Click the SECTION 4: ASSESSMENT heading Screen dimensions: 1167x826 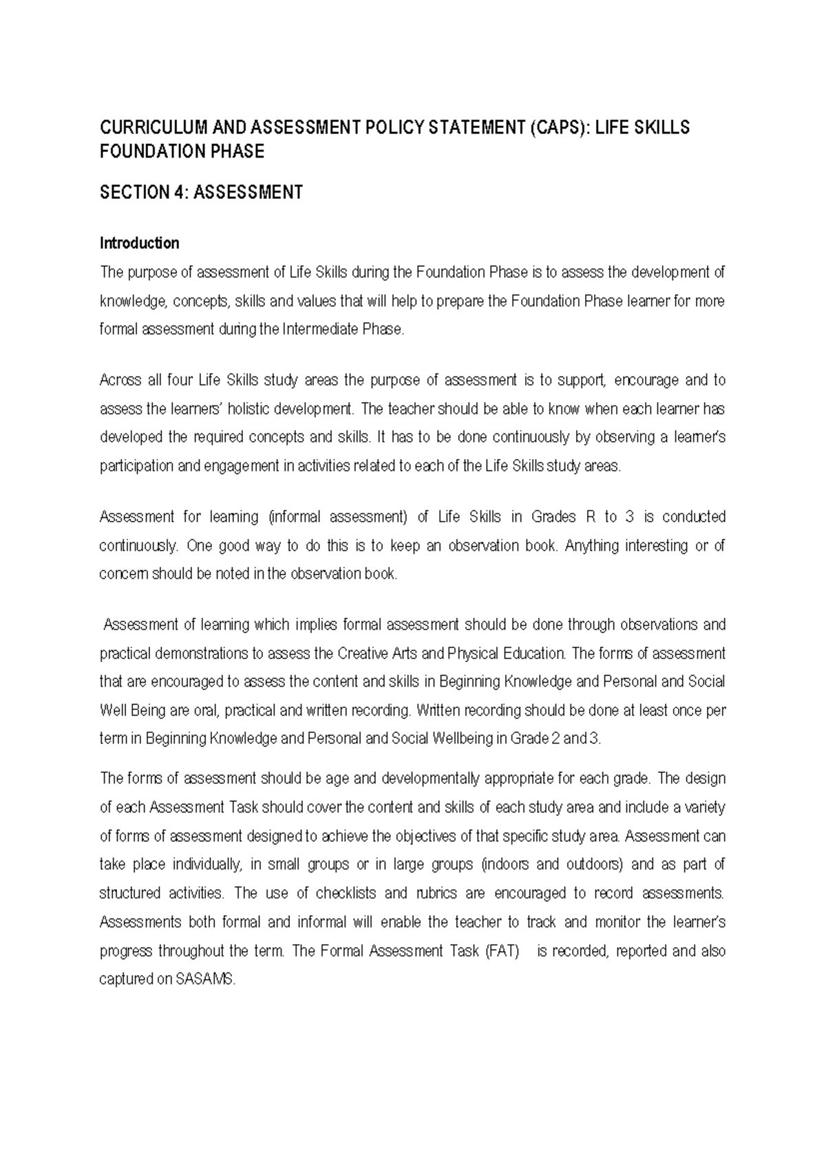click(201, 193)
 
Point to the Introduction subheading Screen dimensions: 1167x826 click(139, 243)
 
